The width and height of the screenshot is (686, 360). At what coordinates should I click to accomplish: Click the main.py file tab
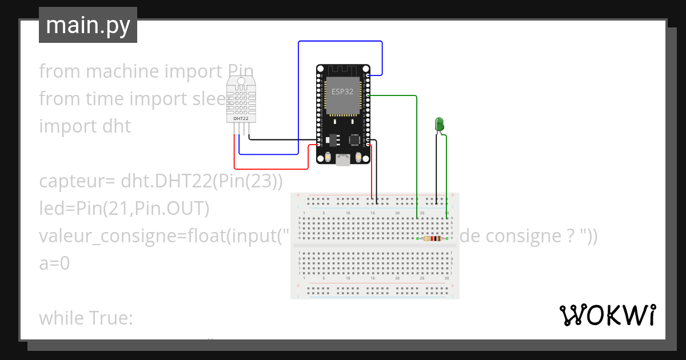[x=87, y=25]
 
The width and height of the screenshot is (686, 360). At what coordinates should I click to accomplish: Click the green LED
[x=439, y=123]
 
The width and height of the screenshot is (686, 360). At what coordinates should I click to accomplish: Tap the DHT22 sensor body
[x=241, y=100]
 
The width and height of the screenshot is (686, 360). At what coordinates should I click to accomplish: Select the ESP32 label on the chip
[x=342, y=91]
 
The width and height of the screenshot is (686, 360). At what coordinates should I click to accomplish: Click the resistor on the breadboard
[x=433, y=238]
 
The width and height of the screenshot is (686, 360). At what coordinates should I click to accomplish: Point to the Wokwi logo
[x=607, y=315]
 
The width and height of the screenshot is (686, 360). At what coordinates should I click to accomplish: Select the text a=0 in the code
[x=54, y=263]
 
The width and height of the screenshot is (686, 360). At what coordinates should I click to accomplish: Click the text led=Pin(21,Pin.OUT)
[x=124, y=209]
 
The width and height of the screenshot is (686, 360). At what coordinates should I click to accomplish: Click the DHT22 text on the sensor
[x=241, y=118]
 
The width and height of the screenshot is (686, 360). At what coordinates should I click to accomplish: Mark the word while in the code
[x=60, y=318]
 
